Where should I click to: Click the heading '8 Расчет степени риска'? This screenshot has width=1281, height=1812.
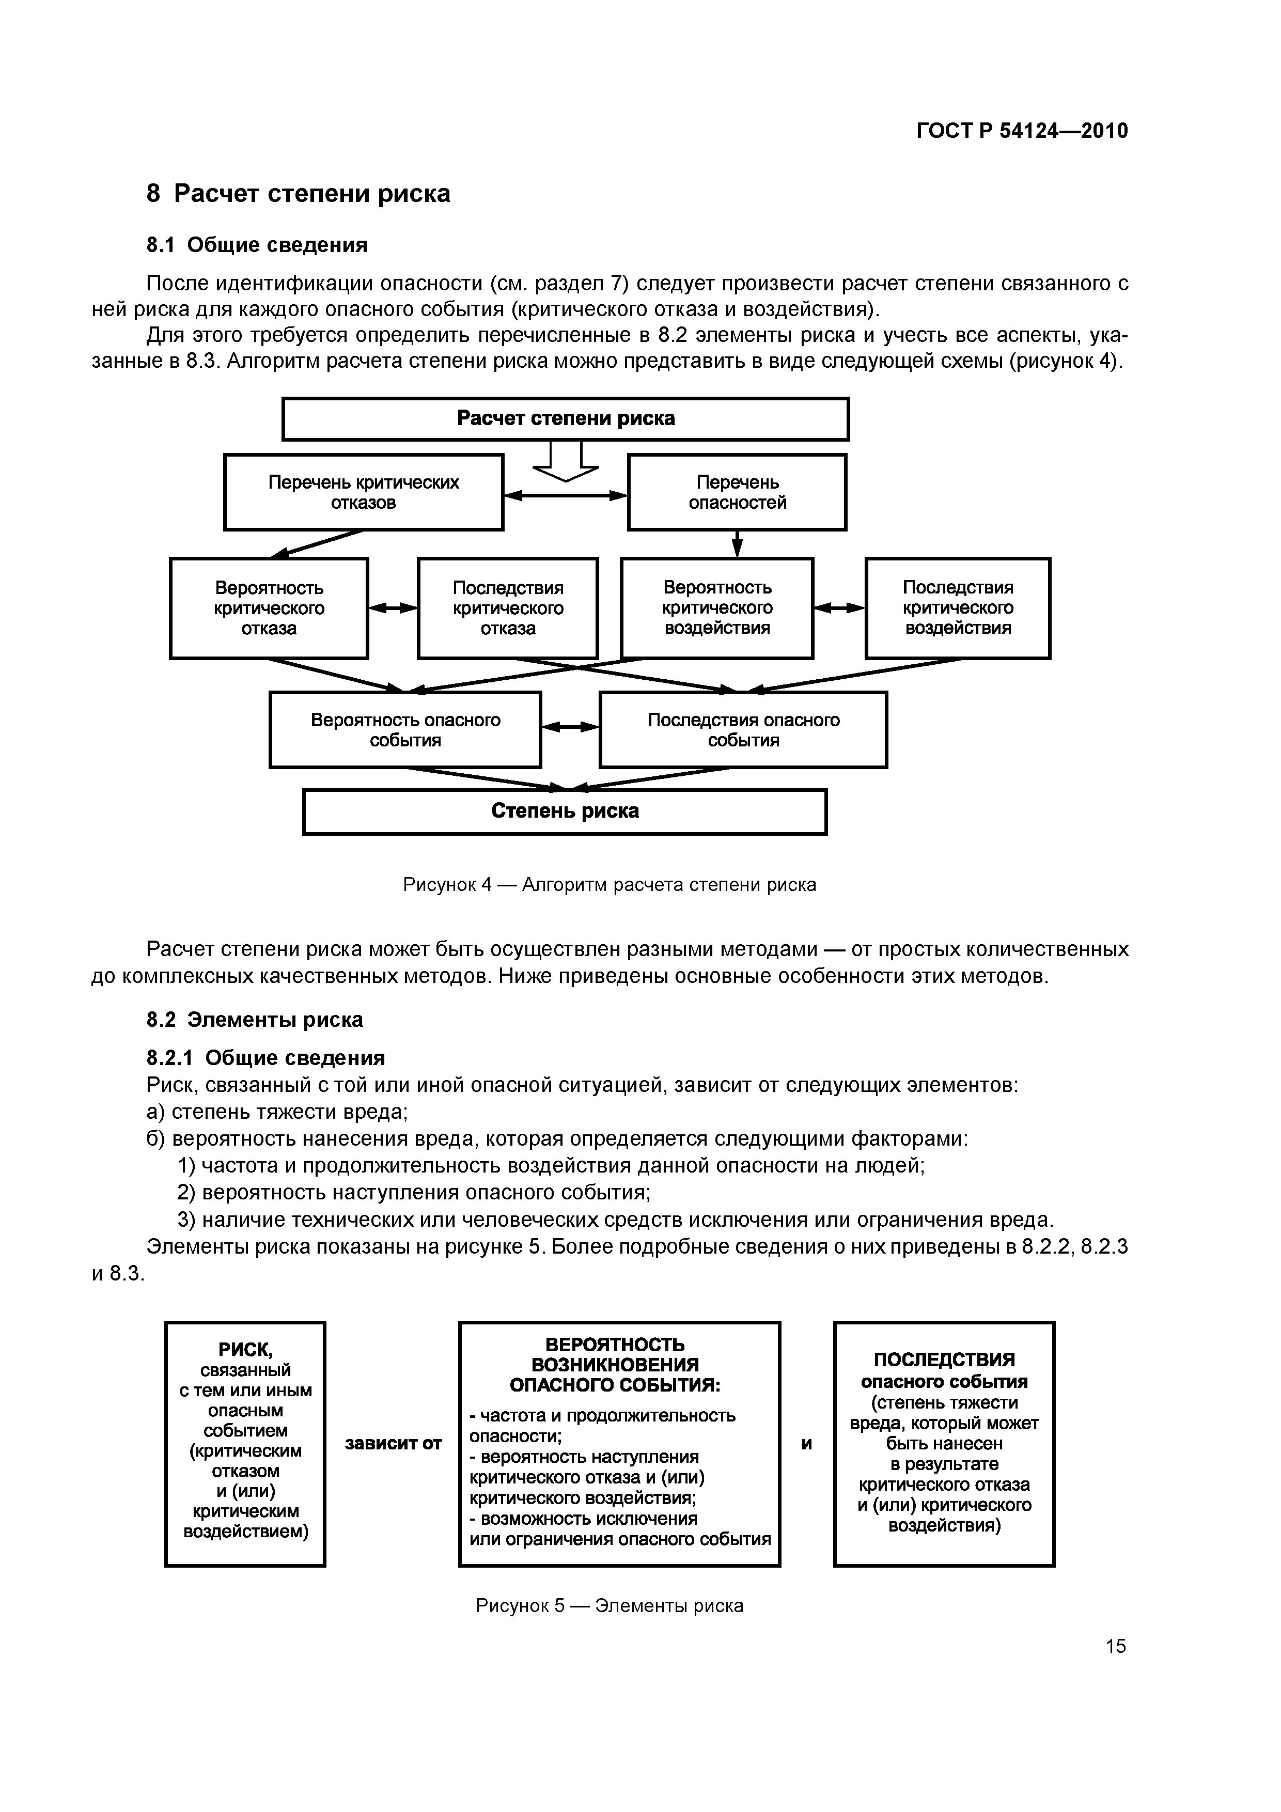point(299,193)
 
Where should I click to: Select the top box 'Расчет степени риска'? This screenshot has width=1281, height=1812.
point(565,418)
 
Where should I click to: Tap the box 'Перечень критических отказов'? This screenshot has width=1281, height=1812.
point(363,492)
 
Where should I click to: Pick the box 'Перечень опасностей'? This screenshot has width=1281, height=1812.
point(737,492)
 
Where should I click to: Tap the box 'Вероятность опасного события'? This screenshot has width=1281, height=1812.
point(405,729)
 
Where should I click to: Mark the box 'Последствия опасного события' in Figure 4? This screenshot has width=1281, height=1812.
point(743,729)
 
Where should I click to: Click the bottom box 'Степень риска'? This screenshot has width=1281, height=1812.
point(565,811)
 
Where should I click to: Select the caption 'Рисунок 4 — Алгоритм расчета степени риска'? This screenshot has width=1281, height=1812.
point(610,885)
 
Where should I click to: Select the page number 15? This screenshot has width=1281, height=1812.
point(1115,1646)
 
